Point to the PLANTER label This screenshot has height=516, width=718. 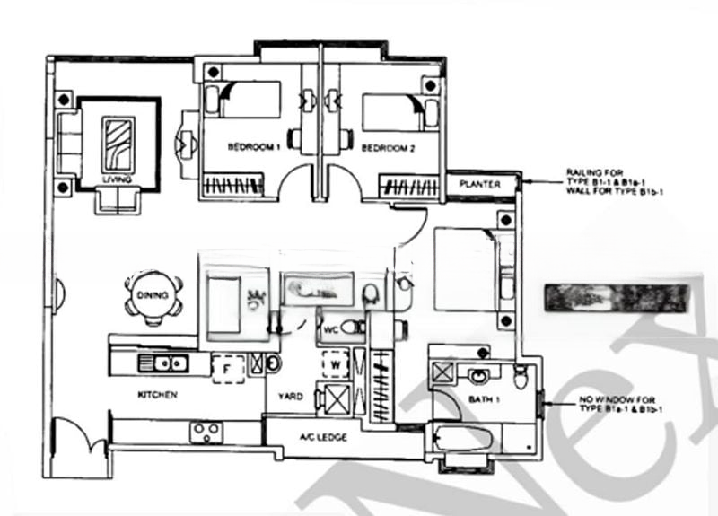(480, 184)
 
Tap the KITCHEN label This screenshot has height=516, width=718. (157, 394)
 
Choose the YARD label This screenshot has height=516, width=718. (290, 396)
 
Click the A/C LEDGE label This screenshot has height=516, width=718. (323, 437)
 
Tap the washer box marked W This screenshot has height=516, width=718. (335, 364)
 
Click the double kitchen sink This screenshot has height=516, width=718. (163, 363)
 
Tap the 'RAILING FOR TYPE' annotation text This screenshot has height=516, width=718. (608, 181)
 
